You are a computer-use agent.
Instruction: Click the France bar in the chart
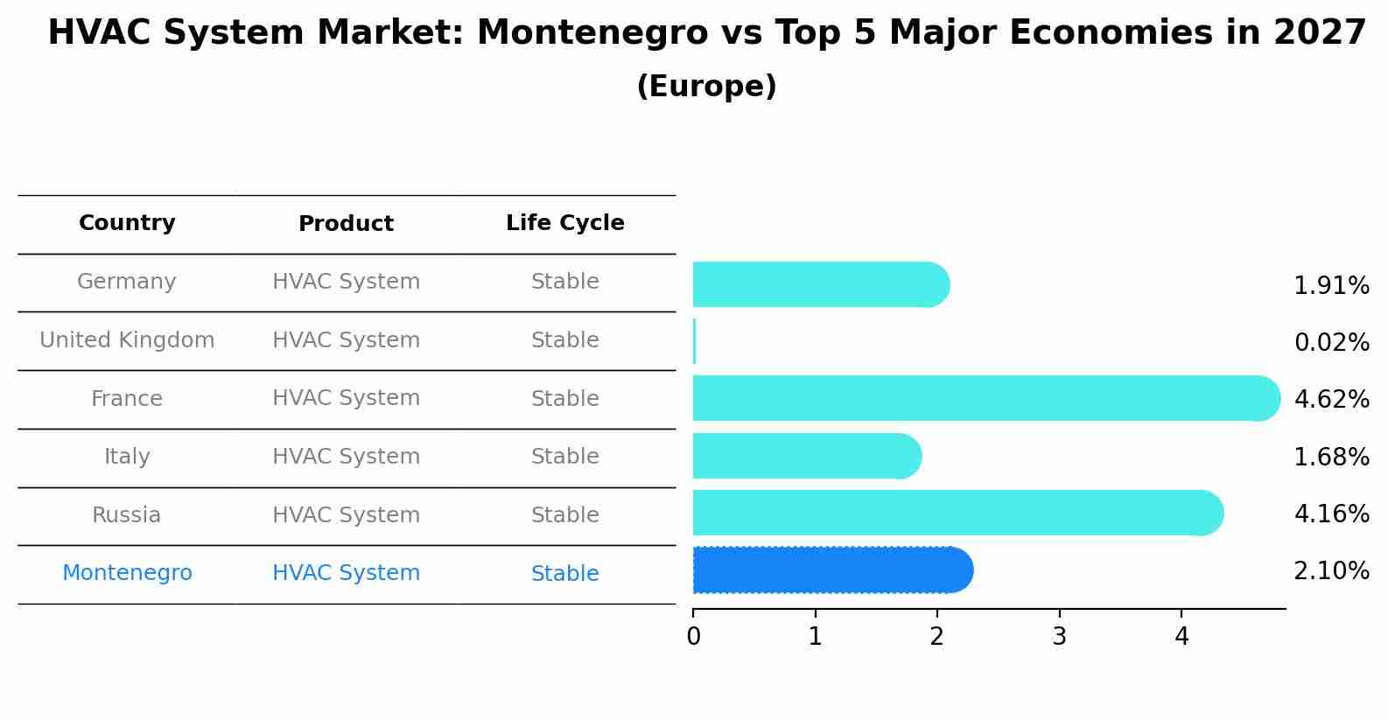986,398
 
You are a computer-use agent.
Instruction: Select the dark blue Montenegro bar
833,570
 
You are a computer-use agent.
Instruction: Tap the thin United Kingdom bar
695,341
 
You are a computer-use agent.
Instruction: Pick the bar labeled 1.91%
821,284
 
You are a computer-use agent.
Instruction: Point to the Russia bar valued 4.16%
958,513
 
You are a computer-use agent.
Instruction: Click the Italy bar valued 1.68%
808,456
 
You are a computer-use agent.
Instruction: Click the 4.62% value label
1332,399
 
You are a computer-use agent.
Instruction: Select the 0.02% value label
1332,342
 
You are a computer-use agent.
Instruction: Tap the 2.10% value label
1332,570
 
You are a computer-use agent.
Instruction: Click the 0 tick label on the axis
693,636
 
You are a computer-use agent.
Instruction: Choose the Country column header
127,222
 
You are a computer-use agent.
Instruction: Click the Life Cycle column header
565,222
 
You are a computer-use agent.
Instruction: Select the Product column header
346,223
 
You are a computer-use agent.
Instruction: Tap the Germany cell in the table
126,282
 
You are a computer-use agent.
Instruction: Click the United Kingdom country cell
127,339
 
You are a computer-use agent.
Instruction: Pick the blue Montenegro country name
127,572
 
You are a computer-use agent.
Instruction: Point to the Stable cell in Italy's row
565,456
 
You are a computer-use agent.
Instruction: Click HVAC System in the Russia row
347,515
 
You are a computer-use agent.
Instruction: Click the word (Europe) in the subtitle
706,86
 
